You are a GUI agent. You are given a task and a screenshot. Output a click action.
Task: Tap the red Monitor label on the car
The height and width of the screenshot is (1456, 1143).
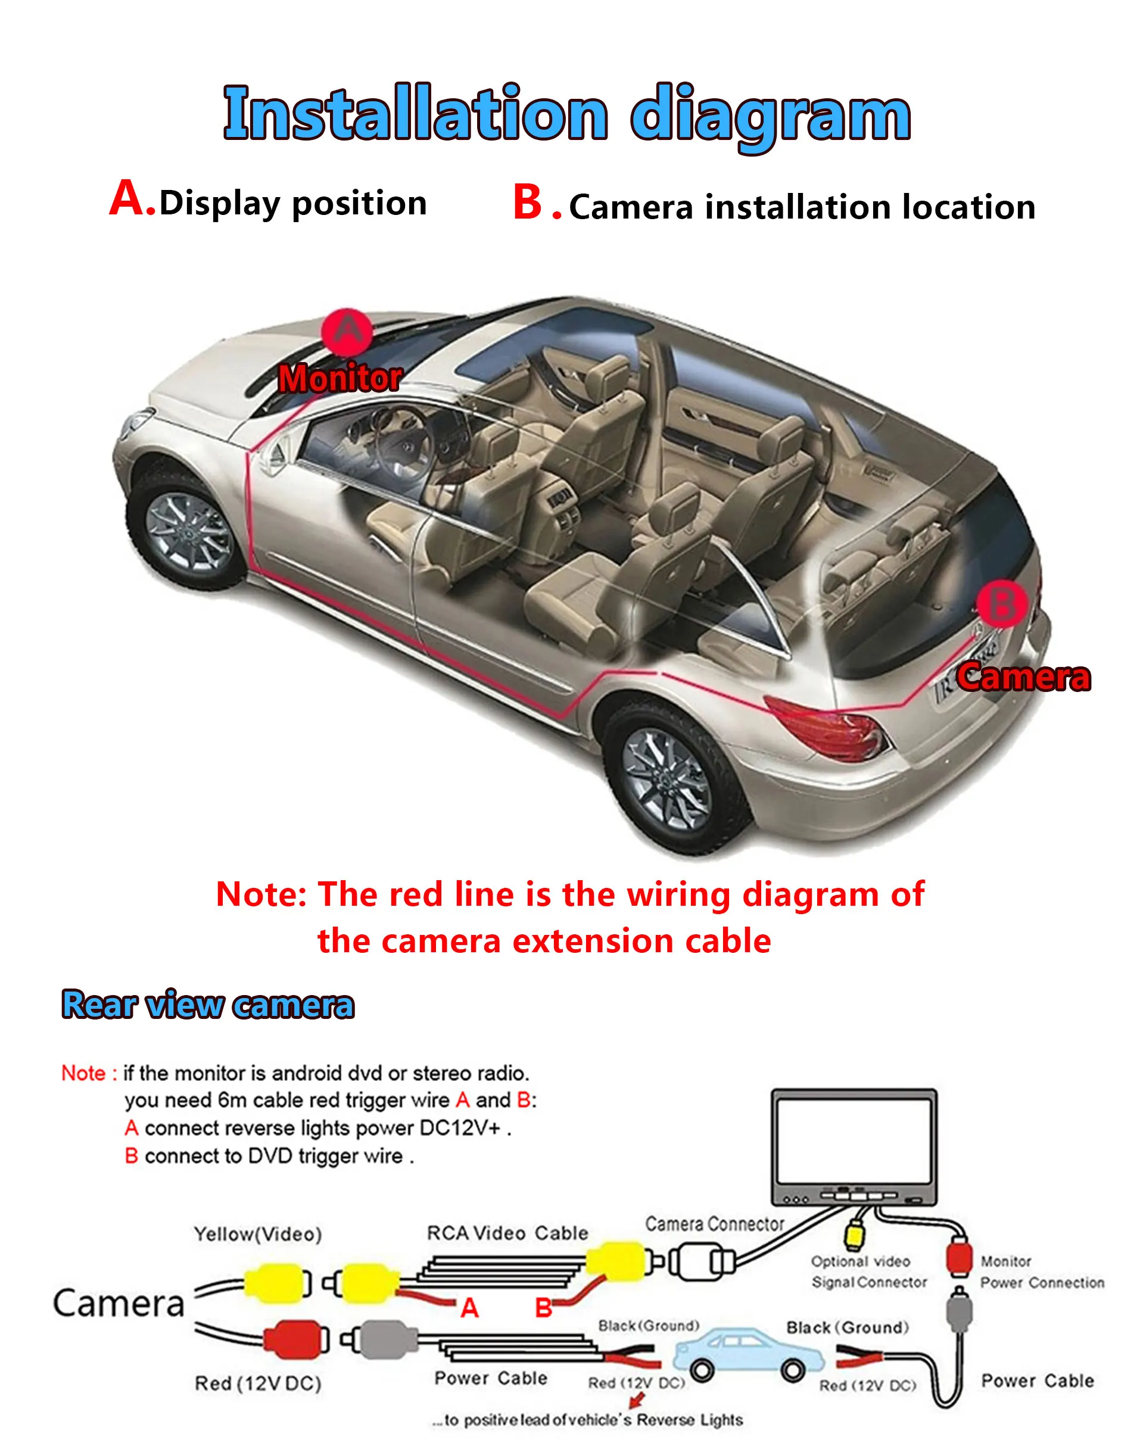point(340,378)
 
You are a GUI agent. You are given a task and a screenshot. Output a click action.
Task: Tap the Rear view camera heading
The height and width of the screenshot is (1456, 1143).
point(207,1005)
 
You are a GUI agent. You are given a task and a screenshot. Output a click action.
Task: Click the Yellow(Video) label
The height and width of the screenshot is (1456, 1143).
point(258,1234)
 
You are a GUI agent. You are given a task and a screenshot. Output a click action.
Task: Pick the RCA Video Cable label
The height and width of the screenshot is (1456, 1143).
point(508,1233)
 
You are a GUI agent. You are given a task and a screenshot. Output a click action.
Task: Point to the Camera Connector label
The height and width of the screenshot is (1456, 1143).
point(714,1224)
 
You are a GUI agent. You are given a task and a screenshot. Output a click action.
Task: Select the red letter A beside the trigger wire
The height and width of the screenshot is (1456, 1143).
point(469,1308)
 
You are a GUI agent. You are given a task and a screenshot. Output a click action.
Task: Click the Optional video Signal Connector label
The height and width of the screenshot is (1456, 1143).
point(868,1271)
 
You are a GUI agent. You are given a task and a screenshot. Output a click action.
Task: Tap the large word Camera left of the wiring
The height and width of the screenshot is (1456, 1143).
point(119,1304)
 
